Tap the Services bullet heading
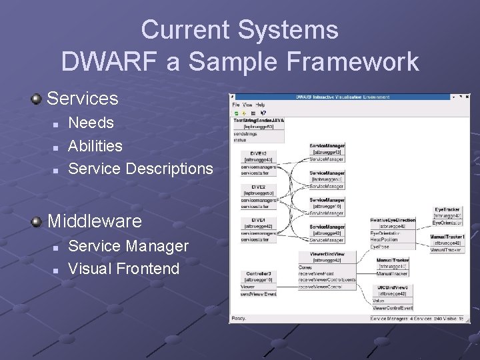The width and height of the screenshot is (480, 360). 83,99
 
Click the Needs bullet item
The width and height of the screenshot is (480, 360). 91,123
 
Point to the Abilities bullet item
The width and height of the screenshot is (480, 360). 95,145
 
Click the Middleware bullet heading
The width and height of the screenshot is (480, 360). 95,221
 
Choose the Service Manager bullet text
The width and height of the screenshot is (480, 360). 129,246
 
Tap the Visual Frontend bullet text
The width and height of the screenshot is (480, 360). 124,269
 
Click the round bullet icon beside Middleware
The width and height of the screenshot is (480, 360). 37,221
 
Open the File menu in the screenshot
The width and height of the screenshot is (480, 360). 235,105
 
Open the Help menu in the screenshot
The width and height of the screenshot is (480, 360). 260,105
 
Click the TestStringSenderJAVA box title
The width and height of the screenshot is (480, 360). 258,119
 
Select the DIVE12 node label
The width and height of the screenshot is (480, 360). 258,153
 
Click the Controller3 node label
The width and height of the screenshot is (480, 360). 258,273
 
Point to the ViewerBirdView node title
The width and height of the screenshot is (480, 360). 327,254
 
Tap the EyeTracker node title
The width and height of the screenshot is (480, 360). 447,209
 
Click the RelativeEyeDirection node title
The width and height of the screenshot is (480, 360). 393,220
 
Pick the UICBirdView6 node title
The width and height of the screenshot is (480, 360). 393,287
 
